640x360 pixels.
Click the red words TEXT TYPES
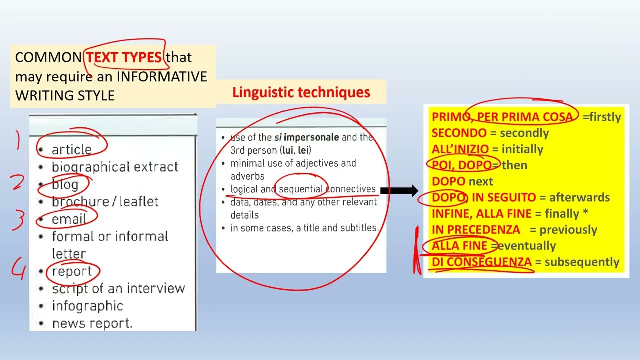click(x=124, y=57)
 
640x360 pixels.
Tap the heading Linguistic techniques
click(x=301, y=92)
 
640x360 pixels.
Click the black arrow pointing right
click(x=400, y=190)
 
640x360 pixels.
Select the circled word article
click(x=71, y=150)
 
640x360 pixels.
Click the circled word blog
click(x=65, y=184)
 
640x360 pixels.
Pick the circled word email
click(x=69, y=219)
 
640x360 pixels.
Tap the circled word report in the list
click(x=72, y=271)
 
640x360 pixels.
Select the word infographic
click(x=87, y=306)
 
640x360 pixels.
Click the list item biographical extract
click(x=115, y=167)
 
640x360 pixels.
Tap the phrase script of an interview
click(x=118, y=289)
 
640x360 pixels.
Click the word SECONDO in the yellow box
click(x=459, y=133)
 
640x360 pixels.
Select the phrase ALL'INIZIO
click(x=460, y=149)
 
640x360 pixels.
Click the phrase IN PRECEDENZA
click(x=475, y=230)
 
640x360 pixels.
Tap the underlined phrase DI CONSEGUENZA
click(x=481, y=262)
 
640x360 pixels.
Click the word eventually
click(x=527, y=246)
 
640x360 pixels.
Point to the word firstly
click(x=605, y=117)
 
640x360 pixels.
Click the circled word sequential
click(x=300, y=189)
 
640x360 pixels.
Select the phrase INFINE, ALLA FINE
click(x=481, y=214)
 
